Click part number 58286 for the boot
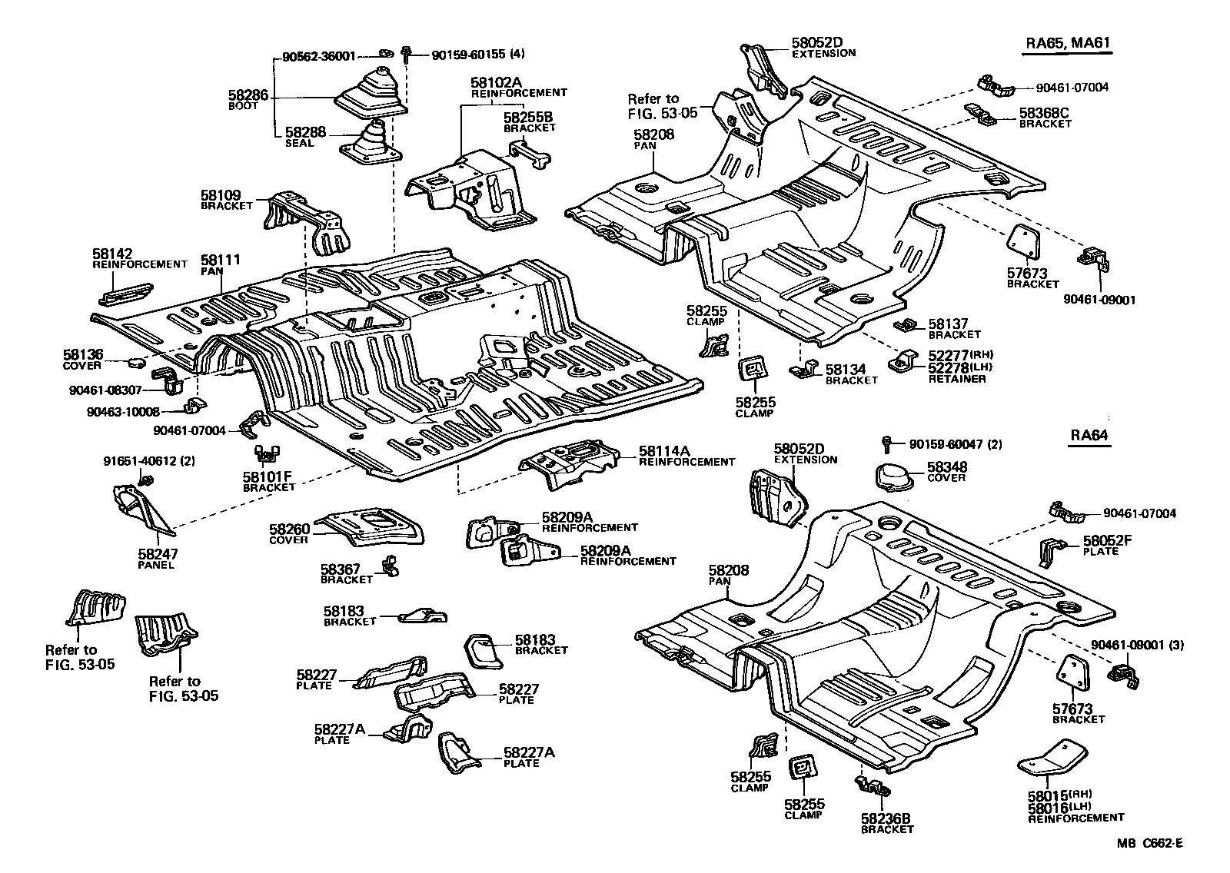pos(248,96)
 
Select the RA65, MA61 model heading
pos(1069,43)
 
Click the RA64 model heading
pos(1089,436)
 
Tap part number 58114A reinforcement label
pos(664,451)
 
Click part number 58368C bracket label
pos(1044,113)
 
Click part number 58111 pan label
pos(221,261)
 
